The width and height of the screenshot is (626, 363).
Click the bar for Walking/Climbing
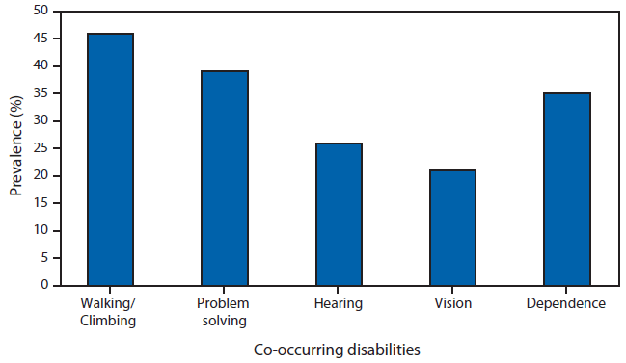[x=111, y=159]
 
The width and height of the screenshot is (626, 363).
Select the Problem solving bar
[x=225, y=178]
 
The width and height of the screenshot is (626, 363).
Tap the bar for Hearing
[x=339, y=214]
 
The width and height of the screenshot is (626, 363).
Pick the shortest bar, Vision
[x=452, y=227]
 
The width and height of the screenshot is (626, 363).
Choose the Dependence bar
[x=566, y=189]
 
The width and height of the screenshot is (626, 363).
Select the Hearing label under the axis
[x=339, y=303]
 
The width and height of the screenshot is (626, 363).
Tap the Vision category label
[x=452, y=303]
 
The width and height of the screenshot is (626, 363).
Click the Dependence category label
[x=566, y=303]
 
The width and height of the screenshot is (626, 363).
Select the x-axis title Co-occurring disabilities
[x=338, y=350]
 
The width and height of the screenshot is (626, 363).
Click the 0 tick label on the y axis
[x=43, y=285]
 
